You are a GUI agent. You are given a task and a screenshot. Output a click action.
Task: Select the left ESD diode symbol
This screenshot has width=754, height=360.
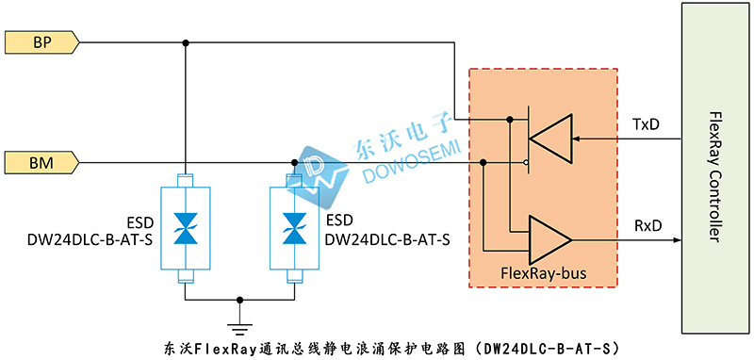(x=185, y=229)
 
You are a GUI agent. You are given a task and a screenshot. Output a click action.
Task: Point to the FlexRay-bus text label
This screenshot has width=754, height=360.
(x=545, y=273)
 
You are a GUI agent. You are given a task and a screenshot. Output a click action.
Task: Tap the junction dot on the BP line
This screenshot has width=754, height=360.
(x=186, y=42)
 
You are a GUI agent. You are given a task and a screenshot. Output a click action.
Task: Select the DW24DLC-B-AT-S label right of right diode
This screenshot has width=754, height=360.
(x=387, y=239)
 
